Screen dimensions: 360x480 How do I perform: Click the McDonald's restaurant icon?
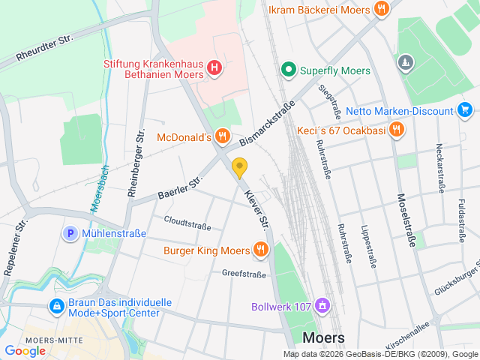pyautogui.click(x=222, y=136)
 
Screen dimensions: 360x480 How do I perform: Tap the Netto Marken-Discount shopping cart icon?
pyautogui.click(x=465, y=111)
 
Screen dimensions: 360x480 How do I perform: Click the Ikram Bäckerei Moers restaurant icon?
pyautogui.click(x=382, y=10)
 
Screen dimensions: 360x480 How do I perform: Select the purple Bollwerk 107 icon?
pyautogui.click(x=322, y=306)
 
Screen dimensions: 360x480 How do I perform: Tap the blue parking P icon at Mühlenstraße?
pyautogui.click(x=71, y=233)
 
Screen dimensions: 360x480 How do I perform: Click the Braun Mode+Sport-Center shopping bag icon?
pyautogui.click(x=56, y=306)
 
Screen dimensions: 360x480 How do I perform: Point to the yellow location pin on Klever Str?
pyautogui.click(x=240, y=168)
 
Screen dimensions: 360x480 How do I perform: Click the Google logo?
pyautogui.click(x=25, y=350)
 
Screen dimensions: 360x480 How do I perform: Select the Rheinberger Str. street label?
pyautogui.click(x=136, y=163)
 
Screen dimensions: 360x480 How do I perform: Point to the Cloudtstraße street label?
pyautogui.click(x=187, y=224)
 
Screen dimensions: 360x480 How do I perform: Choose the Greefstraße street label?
pyautogui.click(x=244, y=274)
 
